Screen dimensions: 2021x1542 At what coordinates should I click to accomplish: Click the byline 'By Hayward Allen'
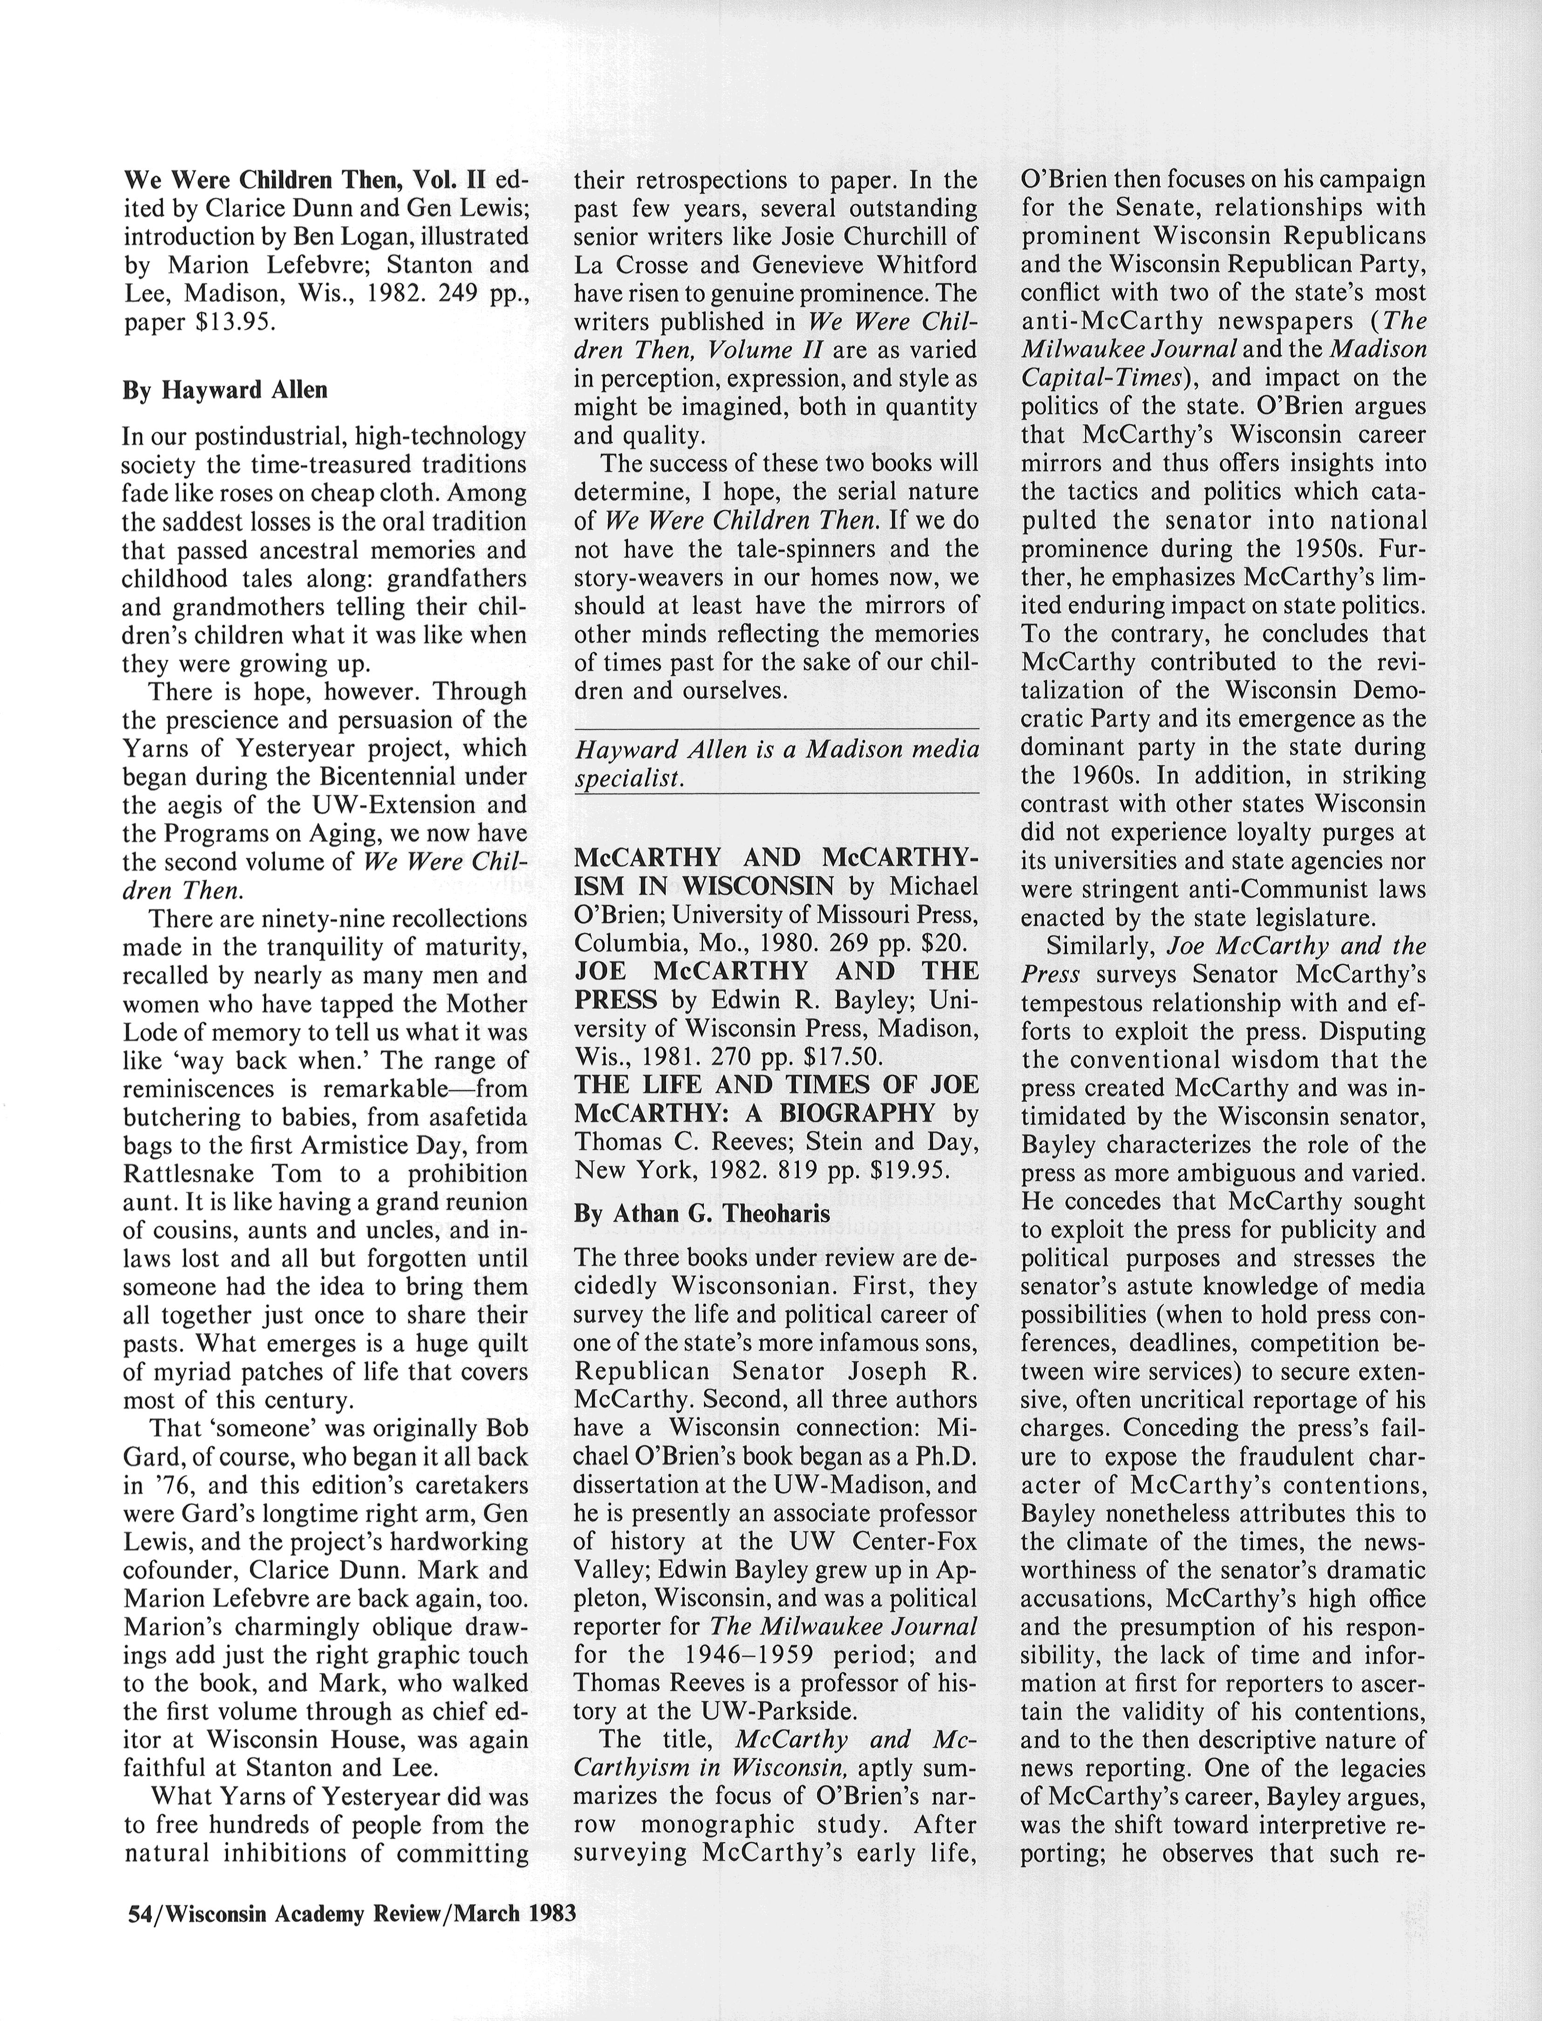[225, 390]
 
